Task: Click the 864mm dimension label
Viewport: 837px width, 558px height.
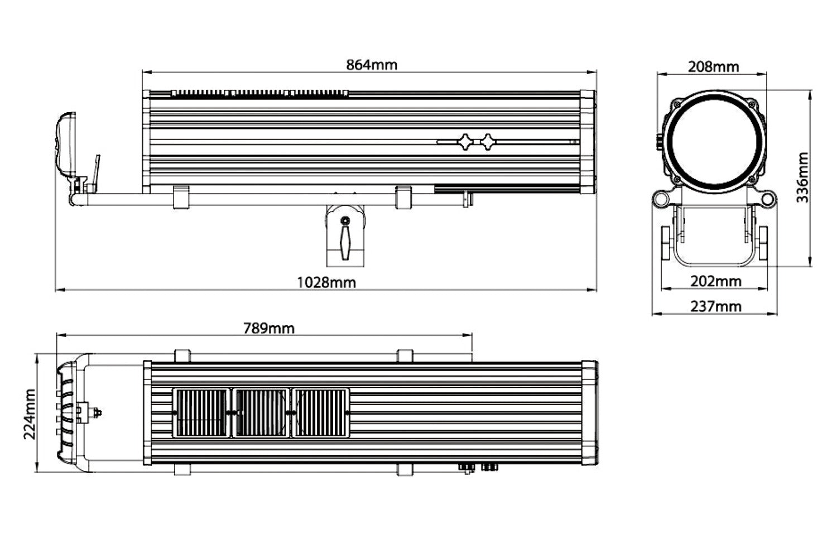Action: tap(372, 65)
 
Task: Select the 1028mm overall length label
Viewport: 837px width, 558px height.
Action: tap(326, 282)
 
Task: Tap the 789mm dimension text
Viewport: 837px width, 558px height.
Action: tap(268, 328)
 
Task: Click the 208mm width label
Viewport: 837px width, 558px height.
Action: tap(713, 67)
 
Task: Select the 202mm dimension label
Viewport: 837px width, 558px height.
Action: tap(715, 281)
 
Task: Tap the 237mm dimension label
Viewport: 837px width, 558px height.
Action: tap(715, 306)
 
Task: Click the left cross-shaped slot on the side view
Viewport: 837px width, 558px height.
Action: tap(465, 142)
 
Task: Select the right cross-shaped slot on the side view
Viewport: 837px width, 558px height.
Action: tap(488, 142)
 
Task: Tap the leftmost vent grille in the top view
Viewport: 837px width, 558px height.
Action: tap(201, 413)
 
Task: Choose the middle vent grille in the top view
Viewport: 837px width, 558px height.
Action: tap(261, 413)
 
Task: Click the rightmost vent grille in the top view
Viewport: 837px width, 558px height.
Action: tap(320, 413)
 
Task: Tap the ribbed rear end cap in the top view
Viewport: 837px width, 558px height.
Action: tap(67, 413)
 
